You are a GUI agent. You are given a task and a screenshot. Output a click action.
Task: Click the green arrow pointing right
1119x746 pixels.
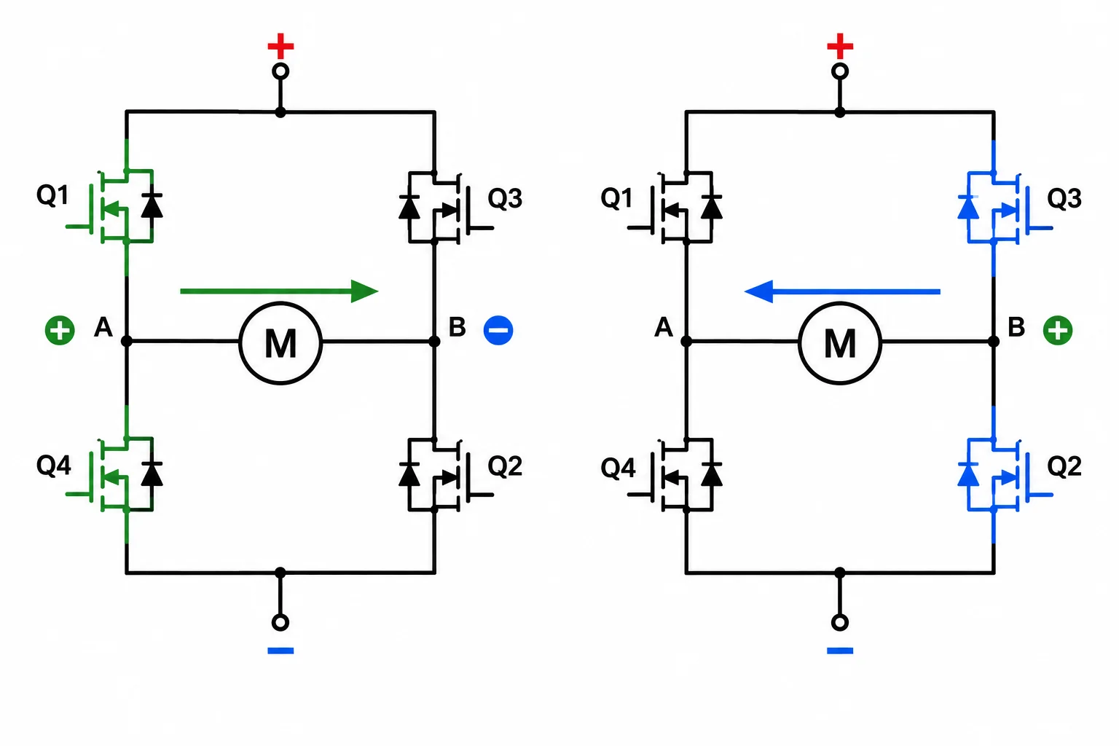(279, 291)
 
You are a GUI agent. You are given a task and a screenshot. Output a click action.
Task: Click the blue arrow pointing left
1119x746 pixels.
(842, 291)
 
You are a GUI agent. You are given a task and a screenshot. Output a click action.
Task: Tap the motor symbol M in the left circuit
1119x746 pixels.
(280, 343)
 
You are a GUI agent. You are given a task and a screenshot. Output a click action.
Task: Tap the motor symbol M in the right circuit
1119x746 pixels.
(840, 343)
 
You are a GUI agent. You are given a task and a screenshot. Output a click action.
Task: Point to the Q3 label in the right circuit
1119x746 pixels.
(1064, 198)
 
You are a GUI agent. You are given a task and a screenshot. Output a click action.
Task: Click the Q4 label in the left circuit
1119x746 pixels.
(53, 466)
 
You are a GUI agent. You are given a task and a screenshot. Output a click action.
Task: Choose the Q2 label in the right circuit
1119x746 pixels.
(1064, 466)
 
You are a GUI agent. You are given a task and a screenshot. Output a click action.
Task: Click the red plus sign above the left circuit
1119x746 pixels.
(280, 46)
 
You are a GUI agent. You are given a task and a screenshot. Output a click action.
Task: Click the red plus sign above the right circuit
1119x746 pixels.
(840, 46)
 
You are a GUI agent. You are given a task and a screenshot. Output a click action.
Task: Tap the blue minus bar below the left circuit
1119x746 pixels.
(280, 651)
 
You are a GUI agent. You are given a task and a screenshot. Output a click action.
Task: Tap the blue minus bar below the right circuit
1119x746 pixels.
(840, 651)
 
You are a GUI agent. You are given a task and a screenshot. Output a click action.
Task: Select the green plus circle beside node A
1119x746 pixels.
(60, 330)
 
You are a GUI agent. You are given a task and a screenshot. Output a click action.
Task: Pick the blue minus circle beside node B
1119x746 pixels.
(498, 330)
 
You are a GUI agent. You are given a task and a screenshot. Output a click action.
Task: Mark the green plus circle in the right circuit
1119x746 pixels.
(1058, 330)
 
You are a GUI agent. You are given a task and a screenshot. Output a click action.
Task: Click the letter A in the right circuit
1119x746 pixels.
(664, 327)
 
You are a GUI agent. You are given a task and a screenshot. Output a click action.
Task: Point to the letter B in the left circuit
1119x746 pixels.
(457, 327)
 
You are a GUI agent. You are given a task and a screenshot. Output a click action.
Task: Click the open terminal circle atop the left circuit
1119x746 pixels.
(280, 71)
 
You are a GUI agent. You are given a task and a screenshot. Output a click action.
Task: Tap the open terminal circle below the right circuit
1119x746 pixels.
(840, 623)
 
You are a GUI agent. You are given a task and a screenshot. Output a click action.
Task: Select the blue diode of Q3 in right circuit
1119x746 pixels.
(968, 208)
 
